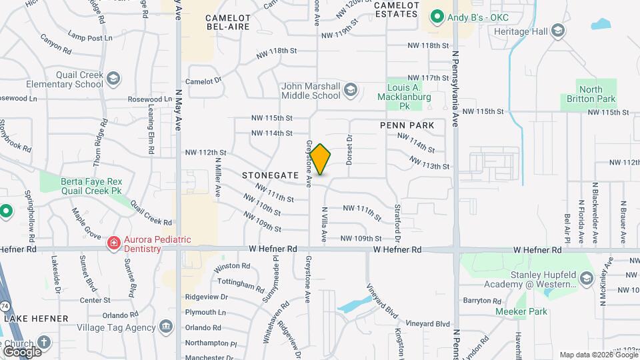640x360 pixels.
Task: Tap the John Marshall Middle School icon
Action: [x=351, y=91]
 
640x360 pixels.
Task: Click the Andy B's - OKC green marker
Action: [x=437, y=17]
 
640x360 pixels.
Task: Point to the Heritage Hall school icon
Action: [x=558, y=31]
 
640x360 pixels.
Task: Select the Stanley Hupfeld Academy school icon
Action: [x=587, y=277]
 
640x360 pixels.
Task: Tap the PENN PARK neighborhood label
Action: [x=407, y=125]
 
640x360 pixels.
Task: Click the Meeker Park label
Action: [x=521, y=311]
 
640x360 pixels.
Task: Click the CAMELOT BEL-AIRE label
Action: [x=227, y=21]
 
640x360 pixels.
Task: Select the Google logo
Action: [x=21, y=351]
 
